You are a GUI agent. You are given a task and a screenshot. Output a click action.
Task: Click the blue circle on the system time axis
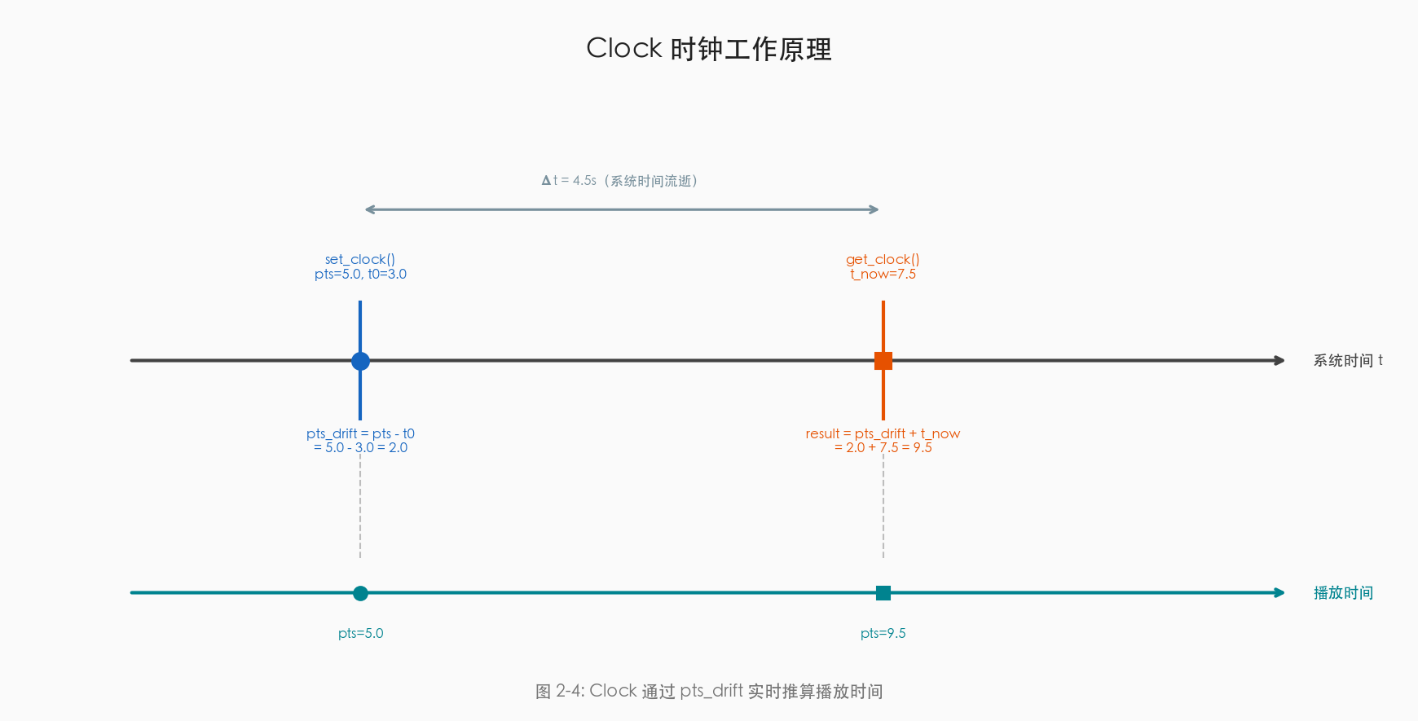tap(360, 361)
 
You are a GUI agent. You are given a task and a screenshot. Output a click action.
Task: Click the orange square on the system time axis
tap(883, 361)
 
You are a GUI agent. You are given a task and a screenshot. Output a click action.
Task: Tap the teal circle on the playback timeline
tap(360, 593)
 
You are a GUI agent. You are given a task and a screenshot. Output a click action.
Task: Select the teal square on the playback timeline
tap(883, 593)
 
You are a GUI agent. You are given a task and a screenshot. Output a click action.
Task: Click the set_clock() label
tap(360, 259)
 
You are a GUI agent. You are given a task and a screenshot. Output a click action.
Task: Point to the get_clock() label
tap(883, 259)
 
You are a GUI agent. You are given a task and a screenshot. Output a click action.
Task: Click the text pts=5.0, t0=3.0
tap(360, 275)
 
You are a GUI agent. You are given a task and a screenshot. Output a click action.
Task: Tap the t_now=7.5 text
tap(883, 275)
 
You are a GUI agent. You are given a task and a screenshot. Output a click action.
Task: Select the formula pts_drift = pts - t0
tap(360, 433)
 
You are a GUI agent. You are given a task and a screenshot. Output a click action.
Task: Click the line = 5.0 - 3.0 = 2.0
tap(360, 448)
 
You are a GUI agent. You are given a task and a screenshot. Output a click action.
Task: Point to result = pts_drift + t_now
tap(883, 433)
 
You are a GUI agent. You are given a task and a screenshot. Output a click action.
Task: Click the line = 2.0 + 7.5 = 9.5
tap(883, 448)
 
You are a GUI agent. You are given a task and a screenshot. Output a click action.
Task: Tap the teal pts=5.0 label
tap(360, 634)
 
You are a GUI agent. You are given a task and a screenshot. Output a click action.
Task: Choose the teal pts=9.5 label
tap(883, 634)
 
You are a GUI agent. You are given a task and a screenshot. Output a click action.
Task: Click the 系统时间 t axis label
tap(1347, 361)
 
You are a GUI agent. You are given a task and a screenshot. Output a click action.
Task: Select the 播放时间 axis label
tap(1343, 593)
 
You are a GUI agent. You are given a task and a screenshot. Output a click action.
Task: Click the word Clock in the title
tap(624, 49)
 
